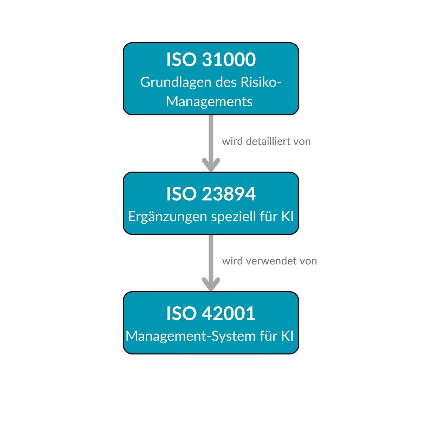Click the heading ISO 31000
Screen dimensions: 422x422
(x=211, y=59)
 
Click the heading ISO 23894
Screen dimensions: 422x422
(x=211, y=194)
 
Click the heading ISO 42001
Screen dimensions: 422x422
(x=211, y=313)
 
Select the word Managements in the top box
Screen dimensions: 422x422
(x=209, y=102)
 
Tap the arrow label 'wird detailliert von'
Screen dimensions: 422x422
(x=266, y=141)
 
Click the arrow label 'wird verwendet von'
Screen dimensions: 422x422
(x=269, y=261)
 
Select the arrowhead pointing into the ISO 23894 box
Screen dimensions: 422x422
(x=211, y=165)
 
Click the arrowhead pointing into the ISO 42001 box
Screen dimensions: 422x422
(x=211, y=284)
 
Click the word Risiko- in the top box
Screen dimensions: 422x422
(x=261, y=82)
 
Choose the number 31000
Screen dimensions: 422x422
(x=229, y=59)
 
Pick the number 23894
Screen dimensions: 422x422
(x=229, y=194)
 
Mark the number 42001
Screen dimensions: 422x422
(x=229, y=313)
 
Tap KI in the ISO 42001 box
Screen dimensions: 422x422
(x=287, y=336)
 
